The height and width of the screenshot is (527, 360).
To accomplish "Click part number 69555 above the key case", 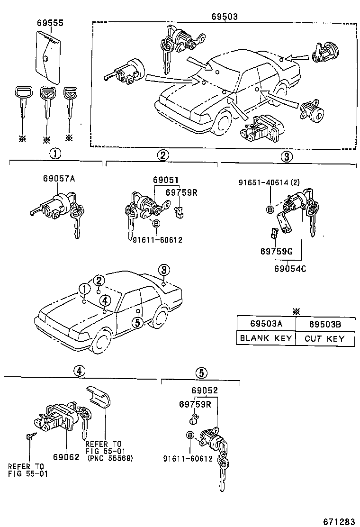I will [50, 22].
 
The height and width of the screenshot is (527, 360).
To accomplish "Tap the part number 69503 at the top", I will [224, 16].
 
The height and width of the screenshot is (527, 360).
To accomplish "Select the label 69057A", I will [59, 179].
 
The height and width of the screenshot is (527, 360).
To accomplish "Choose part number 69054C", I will [290, 268].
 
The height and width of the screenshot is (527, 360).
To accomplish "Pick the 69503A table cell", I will [266, 324].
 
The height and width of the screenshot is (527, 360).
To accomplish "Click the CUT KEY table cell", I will [324, 338].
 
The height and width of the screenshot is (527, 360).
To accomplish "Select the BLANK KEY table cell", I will [266, 338].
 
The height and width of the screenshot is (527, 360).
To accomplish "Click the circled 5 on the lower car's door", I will [137, 323].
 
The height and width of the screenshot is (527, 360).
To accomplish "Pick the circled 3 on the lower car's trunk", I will [163, 270].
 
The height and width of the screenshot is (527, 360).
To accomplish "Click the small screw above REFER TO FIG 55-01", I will [29, 437].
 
